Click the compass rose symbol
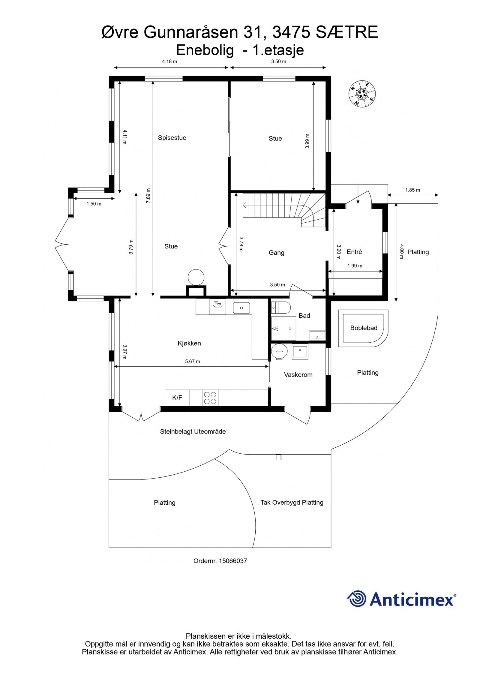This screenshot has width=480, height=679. (x=362, y=93)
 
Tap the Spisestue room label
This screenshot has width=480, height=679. (x=172, y=138)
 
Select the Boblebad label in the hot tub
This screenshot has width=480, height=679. (x=364, y=328)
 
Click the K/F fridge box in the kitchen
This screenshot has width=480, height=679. (x=177, y=398)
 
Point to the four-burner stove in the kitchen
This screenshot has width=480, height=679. (x=210, y=398)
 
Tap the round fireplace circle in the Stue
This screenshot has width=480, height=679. (x=196, y=277)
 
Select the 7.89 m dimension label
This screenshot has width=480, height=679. (x=148, y=196)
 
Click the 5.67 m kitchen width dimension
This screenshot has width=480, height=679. (x=192, y=362)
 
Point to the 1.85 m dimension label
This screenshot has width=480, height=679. (x=412, y=190)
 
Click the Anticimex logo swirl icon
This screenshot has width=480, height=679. (x=357, y=599)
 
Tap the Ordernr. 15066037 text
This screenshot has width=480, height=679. (x=220, y=561)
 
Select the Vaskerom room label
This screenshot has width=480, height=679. (x=298, y=375)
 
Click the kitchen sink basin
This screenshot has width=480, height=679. (x=241, y=308)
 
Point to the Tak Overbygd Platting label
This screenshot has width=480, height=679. (x=292, y=502)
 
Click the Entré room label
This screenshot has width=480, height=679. (x=354, y=252)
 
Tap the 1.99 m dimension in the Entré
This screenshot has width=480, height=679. (x=355, y=266)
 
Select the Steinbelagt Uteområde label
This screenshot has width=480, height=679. (x=193, y=431)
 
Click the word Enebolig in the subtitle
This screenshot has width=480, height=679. (x=205, y=50)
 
